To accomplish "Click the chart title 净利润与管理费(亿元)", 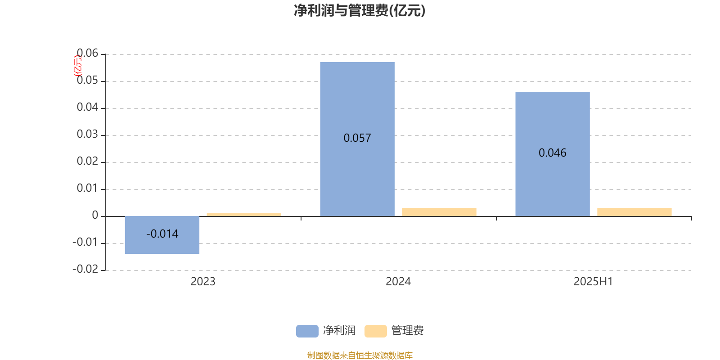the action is (360, 10).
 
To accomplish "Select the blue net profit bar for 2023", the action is (162, 235).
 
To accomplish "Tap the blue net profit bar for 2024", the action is (357, 139).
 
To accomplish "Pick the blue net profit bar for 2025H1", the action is (553, 154).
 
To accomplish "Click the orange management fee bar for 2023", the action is (244, 215).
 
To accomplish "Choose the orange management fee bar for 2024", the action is (439, 212).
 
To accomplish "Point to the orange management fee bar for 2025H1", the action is (634, 212).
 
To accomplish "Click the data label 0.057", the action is (357, 138).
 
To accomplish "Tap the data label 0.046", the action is (553, 153).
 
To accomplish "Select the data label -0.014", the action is (162, 234).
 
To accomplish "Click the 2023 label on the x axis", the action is (203, 282).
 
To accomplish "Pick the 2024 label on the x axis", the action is (398, 282).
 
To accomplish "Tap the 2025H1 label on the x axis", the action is (594, 282).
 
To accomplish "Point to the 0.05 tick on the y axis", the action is (87, 80).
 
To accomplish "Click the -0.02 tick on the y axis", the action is (85, 269).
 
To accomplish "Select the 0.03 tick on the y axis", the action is (87, 134).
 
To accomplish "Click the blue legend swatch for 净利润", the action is (307, 331).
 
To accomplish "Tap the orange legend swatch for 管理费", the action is (375, 331).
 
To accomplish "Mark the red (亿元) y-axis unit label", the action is (78, 66).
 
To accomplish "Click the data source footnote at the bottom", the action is (360, 355).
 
